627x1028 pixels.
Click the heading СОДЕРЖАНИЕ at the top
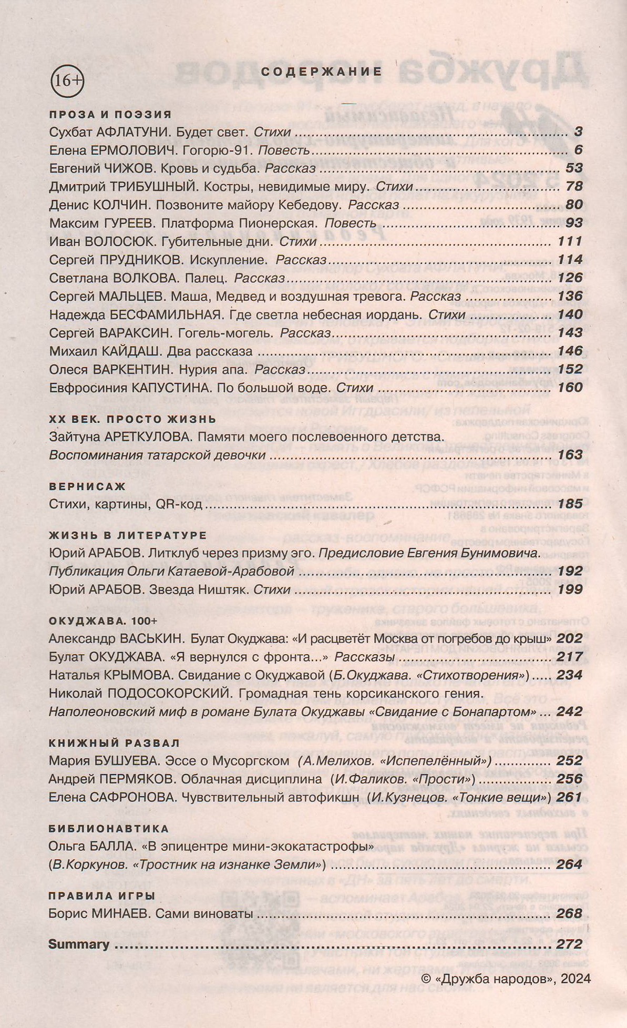[321, 72]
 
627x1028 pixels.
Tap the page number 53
[574, 168]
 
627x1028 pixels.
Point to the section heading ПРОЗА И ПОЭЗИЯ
[110, 114]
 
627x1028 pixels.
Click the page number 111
[570, 241]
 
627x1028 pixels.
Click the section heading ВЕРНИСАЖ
[87, 486]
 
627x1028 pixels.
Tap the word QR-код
[179, 505]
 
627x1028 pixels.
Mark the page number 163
[570, 455]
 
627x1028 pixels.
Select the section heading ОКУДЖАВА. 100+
[102, 621]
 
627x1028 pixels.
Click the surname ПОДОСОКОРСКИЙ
[170, 693]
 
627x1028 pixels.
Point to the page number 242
[570, 711]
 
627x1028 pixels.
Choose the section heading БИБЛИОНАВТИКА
[109, 829]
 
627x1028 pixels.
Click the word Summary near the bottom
[79, 944]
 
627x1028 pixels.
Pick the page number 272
[570, 944]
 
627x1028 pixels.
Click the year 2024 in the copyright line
[575, 979]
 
